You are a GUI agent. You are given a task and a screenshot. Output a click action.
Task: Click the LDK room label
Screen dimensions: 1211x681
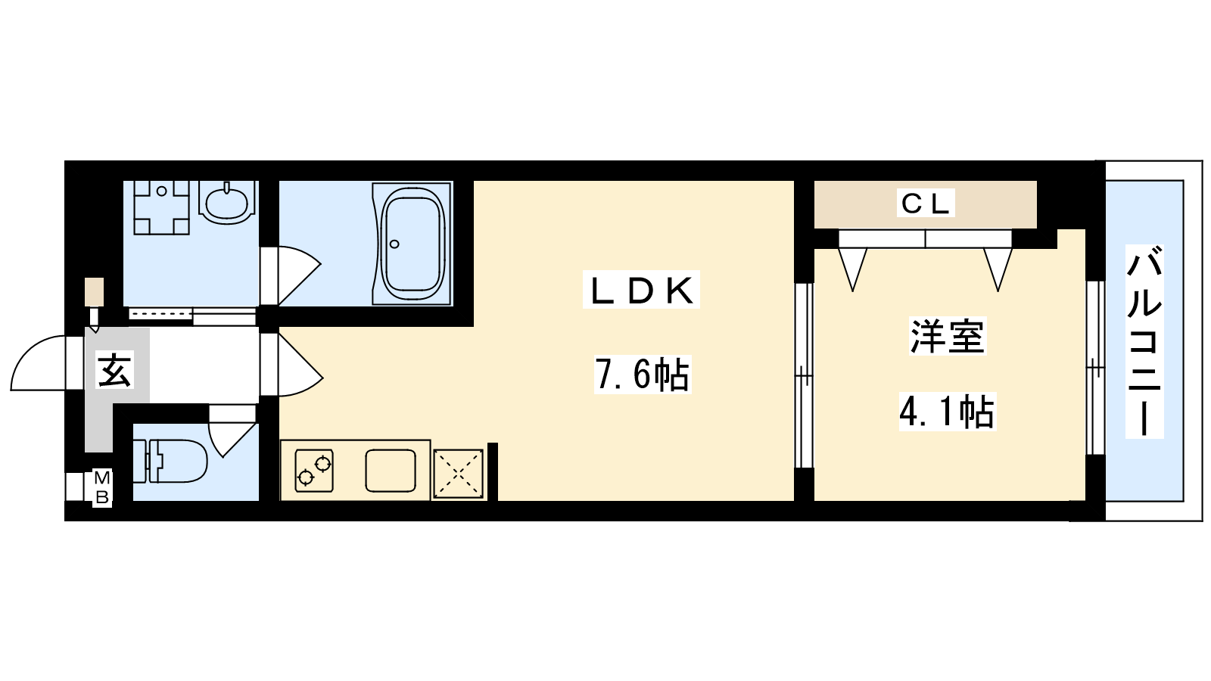pyautogui.click(x=641, y=291)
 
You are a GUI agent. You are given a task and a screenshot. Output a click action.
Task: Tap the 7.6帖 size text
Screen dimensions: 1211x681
pyautogui.click(x=643, y=374)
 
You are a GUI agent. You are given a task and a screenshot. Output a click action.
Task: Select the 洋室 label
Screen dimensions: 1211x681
pyautogui.click(x=947, y=336)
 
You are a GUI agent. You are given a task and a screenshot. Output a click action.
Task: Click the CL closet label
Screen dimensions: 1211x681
pyautogui.click(x=925, y=204)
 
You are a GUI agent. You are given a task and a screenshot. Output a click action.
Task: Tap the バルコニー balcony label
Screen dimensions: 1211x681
pyautogui.click(x=1144, y=340)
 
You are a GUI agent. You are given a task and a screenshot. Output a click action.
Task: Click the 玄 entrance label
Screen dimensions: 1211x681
pyautogui.click(x=114, y=370)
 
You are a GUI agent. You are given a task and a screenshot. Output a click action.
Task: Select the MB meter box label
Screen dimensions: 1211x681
pyautogui.click(x=102, y=488)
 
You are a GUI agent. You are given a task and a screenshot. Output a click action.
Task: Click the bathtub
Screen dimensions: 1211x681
pyautogui.click(x=412, y=244)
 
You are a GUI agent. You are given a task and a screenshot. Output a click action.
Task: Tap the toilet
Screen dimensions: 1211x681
pyautogui.click(x=170, y=461)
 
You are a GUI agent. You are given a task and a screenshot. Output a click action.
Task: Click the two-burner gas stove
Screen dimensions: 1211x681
pyautogui.click(x=314, y=471)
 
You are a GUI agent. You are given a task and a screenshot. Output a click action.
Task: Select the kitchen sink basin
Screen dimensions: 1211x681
pyautogui.click(x=391, y=471)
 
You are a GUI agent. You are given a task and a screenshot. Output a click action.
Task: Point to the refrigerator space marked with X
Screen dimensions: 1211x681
pyautogui.click(x=458, y=474)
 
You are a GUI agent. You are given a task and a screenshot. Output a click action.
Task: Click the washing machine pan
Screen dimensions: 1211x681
pyautogui.click(x=162, y=207)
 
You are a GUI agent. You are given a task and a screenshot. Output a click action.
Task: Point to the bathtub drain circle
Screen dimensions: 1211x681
pyautogui.click(x=394, y=244)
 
